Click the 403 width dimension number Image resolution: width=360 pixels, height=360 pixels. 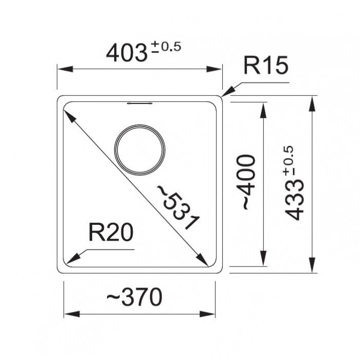(127, 53)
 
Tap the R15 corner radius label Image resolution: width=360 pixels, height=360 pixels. (266, 65)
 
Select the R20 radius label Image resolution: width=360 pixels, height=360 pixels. (111, 232)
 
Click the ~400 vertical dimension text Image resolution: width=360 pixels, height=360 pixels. (246, 182)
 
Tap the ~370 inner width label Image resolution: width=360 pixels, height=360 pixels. (135, 297)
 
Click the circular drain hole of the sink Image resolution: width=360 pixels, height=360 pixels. (139, 125)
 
